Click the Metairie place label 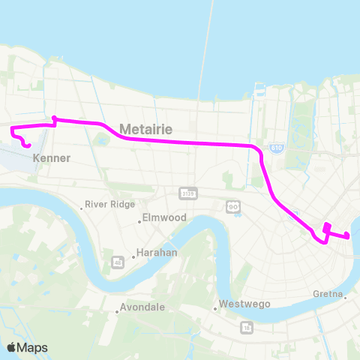[x=145, y=130]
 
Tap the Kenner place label [x=52, y=158]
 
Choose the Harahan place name [x=157, y=253]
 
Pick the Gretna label [x=330, y=297]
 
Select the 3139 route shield [x=187, y=193]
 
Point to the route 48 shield [x=117, y=262]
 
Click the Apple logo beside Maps [x=12, y=347]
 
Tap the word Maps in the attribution [x=33, y=347]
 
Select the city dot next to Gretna [x=346, y=297]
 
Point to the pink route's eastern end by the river [x=347, y=237]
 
